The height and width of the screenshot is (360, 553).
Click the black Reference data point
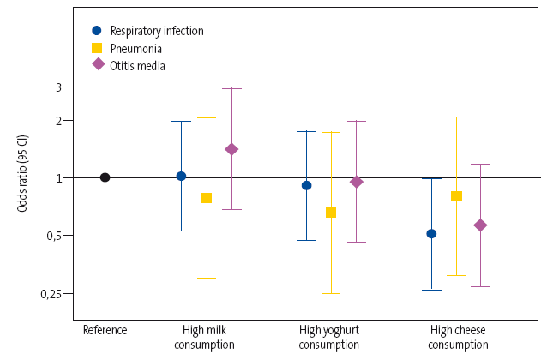[x=105, y=177]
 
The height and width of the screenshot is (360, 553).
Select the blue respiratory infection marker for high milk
[x=181, y=176]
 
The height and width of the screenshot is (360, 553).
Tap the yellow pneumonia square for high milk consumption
[x=206, y=198]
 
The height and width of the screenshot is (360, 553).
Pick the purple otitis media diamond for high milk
[x=231, y=149]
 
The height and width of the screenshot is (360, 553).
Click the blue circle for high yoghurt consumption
[x=306, y=185]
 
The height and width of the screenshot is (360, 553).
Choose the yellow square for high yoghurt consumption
[x=331, y=213]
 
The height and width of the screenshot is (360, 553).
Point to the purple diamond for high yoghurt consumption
[x=357, y=182]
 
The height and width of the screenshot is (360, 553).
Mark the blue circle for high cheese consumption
[x=431, y=233]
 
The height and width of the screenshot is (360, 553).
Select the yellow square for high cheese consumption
[x=456, y=196]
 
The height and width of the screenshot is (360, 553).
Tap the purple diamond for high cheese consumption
[x=481, y=225]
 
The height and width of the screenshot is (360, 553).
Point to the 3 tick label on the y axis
[x=58, y=87]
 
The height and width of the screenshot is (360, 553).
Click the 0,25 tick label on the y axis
[x=51, y=294]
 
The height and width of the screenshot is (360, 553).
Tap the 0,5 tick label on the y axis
[x=54, y=236]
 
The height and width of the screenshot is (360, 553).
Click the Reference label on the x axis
[x=105, y=330]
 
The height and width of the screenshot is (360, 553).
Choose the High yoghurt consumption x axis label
[x=329, y=337]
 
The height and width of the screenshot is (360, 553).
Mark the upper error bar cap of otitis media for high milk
[x=231, y=88]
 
